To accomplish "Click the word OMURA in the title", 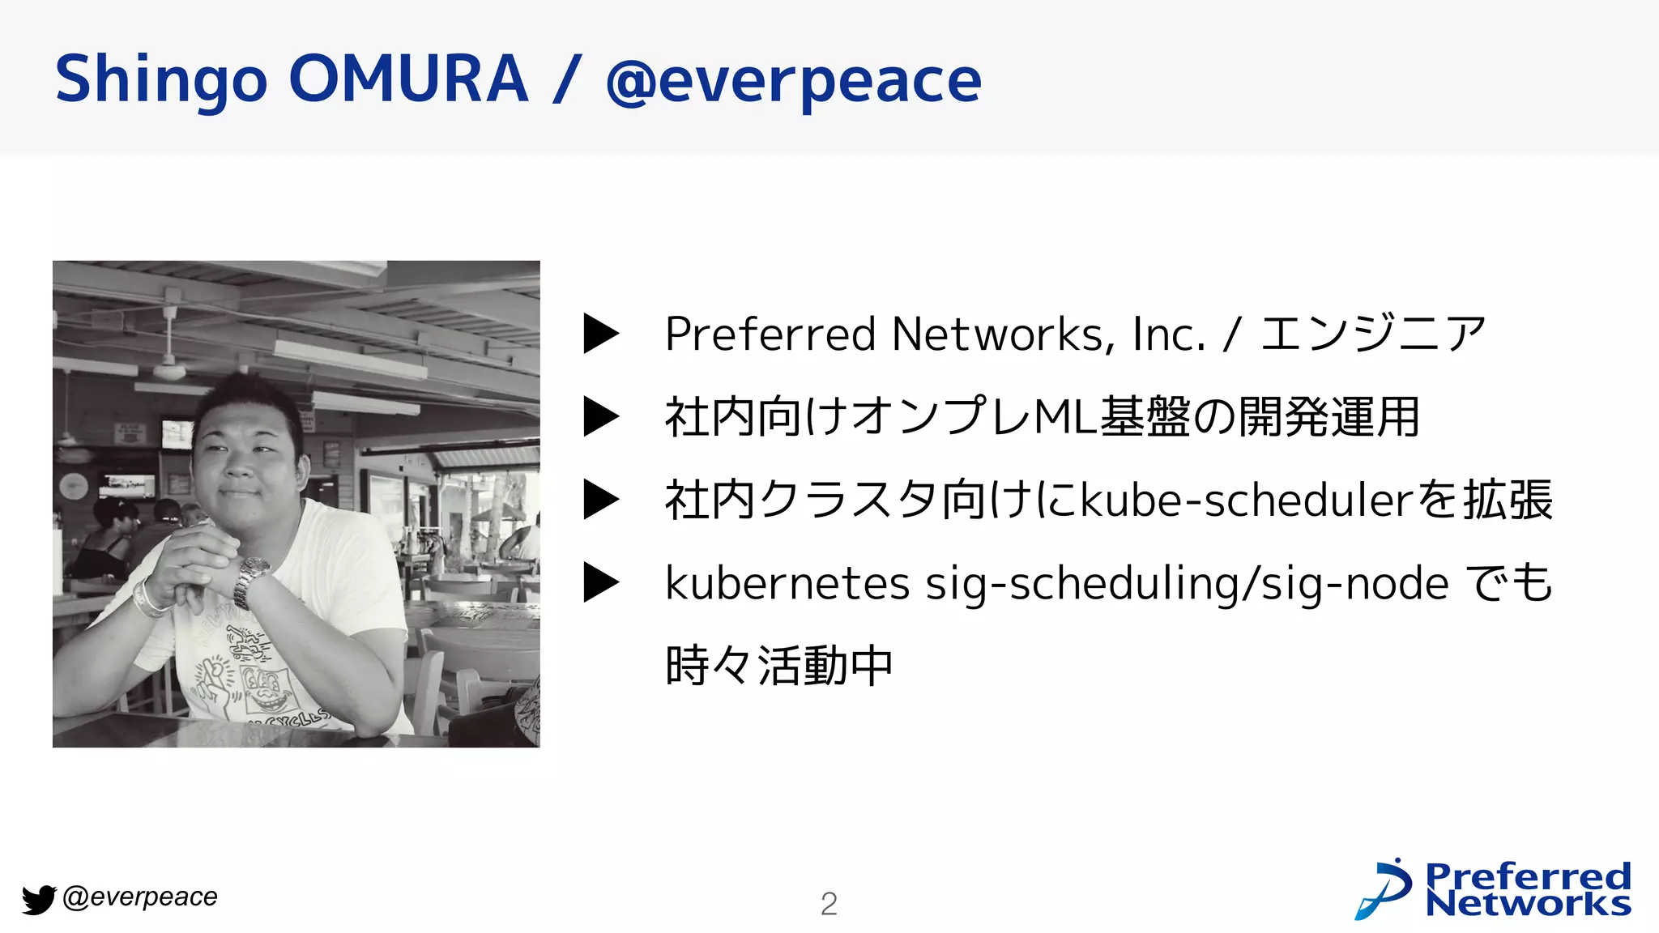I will tap(408, 79).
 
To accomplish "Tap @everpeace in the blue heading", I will tap(793, 81).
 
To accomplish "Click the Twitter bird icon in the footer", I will tap(38, 899).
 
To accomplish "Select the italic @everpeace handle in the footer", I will tap(139, 897).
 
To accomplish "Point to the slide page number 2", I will tap(829, 904).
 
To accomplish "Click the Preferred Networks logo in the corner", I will tap(1493, 889).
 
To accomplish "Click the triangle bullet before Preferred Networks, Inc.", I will tap(601, 334).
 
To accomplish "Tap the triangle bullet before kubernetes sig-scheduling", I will tap(601, 582).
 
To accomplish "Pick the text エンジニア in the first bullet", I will tap(1373, 334).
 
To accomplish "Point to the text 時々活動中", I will tap(778, 666).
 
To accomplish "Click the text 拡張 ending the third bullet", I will tap(1508, 500).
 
